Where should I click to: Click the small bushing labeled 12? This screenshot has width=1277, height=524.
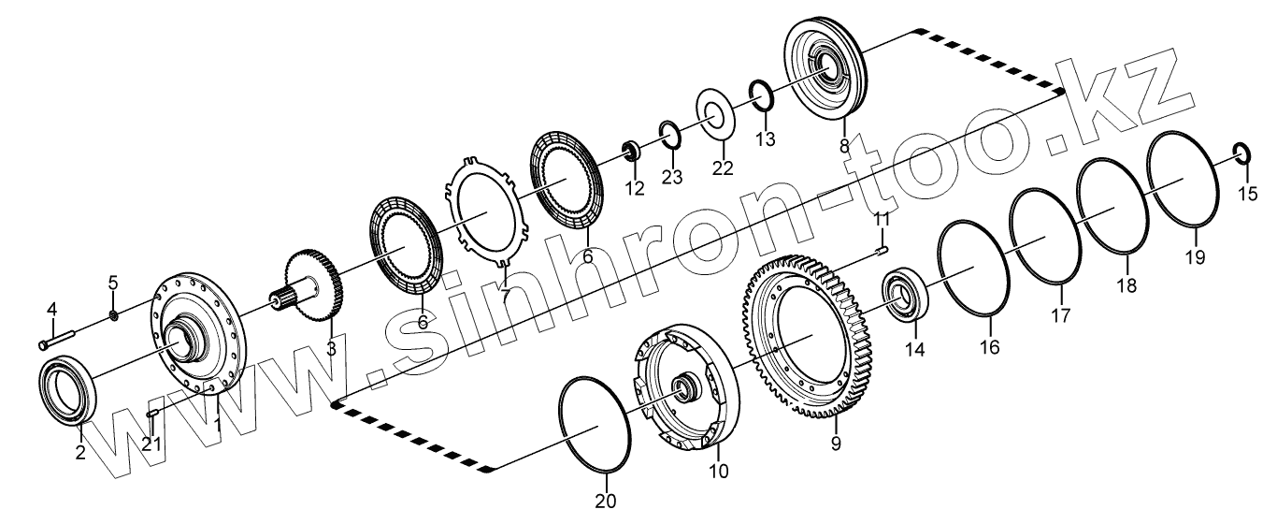630,150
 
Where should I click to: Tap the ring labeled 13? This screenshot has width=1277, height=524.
759,95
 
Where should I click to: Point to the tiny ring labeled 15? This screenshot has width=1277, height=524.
1242,152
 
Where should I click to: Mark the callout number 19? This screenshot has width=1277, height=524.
1195,256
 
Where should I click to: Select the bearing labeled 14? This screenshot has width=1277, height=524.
904,294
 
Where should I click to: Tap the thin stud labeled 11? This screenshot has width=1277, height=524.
881,248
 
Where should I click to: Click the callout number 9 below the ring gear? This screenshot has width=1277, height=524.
836,444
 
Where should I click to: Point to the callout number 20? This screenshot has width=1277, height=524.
607,501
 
